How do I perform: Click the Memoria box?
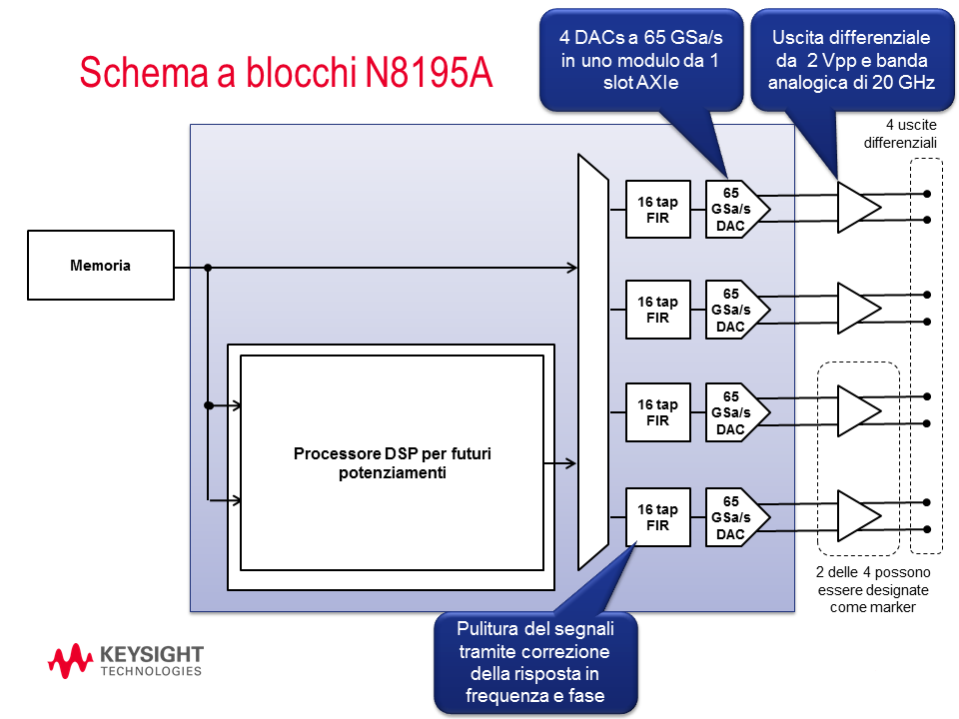tap(101, 266)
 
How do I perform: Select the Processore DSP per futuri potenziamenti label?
tap(392, 463)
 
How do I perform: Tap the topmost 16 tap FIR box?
tap(657, 210)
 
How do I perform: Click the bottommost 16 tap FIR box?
tap(657, 517)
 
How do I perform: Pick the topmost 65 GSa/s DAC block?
tap(733, 209)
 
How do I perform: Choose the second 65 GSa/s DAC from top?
tap(733, 311)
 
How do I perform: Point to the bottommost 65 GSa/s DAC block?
tap(733, 517)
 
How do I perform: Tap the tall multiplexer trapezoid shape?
tap(592, 361)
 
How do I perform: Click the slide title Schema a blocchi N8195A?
tap(286, 73)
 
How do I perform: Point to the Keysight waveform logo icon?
tap(71, 660)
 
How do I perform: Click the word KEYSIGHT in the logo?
tap(152, 654)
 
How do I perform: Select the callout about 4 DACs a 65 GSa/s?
tap(640, 59)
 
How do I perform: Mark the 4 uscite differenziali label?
tap(901, 134)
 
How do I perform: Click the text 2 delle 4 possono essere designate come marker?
tap(872, 589)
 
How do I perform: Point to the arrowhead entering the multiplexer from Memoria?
tap(572, 268)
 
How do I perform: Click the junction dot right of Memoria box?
tap(208, 268)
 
